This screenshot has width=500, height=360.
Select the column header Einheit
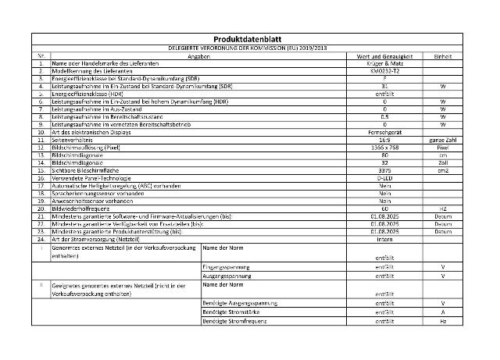(x=442, y=56)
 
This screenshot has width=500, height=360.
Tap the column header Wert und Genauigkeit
(x=384, y=56)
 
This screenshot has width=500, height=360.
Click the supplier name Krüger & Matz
(x=384, y=63)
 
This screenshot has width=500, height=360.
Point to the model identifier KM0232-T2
(x=384, y=70)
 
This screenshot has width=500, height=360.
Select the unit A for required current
(x=442, y=312)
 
